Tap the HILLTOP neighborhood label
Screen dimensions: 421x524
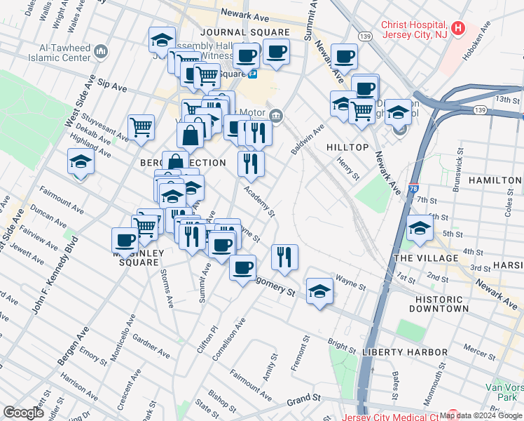point(347,147)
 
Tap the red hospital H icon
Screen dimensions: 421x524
point(458,29)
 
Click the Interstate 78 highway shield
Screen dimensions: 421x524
point(413,189)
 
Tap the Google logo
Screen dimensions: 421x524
point(24,413)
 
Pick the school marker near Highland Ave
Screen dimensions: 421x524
point(81,162)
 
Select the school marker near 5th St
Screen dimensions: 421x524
point(419,227)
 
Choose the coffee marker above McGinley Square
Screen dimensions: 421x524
point(125,239)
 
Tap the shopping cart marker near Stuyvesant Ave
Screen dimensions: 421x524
point(141,127)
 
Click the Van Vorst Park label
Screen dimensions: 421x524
point(504,392)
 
